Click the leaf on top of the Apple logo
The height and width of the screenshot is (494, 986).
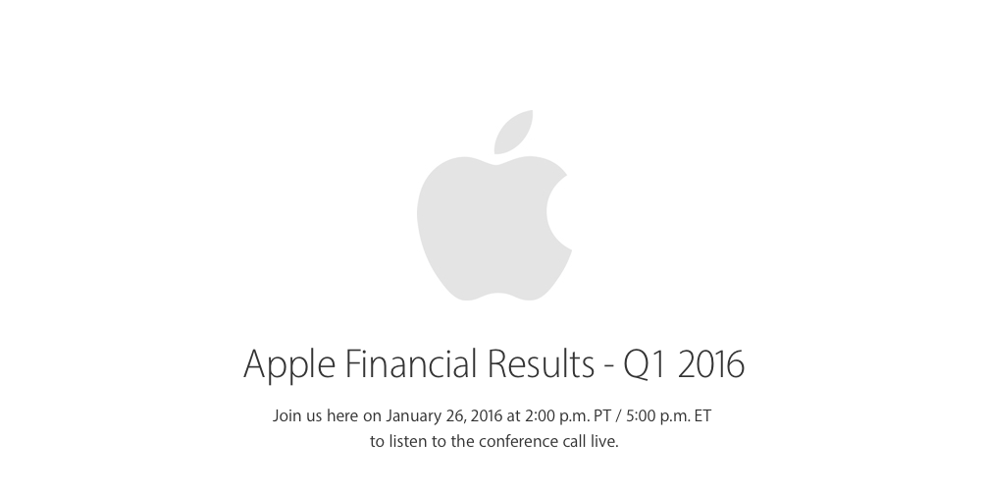513,133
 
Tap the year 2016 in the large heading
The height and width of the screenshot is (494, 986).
710,363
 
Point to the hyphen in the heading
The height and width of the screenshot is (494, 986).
608,367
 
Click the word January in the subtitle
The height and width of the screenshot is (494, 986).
415,415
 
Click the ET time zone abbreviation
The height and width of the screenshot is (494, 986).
701,415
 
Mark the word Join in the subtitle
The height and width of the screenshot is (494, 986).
287,415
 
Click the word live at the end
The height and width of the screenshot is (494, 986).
605,442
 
